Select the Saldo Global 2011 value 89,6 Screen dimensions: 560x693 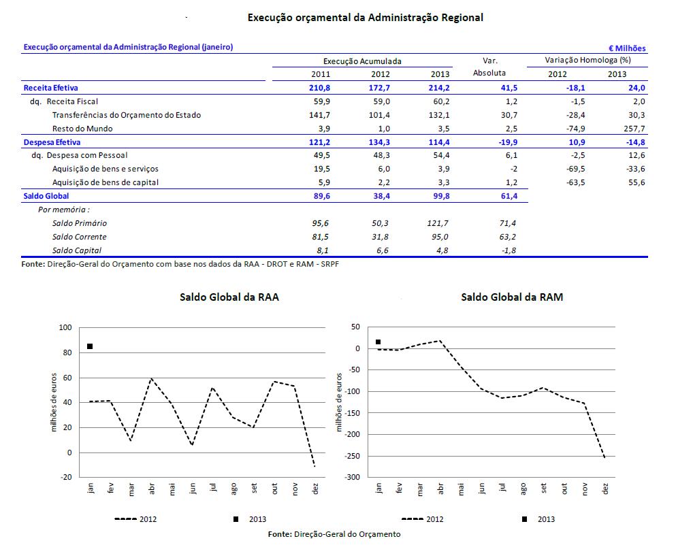pyautogui.click(x=321, y=196)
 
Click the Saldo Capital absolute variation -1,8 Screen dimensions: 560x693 pyautogui.click(x=508, y=250)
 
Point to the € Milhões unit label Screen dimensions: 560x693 pyautogui.click(x=627, y=48)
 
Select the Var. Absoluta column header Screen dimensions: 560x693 pyautogui.click(x=489, y=67)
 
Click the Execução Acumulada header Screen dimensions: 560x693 pyautogui.click(x=362, y=61)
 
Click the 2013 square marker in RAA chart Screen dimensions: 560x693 pyautogui.click(x=90, y=346)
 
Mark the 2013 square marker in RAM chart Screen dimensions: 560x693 pyautogui.click(x=378, y=342)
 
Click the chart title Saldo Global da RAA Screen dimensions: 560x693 pyautogui.click(x=229, y=297)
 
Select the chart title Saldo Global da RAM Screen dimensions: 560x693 pyautogui.click(x=511, y=297)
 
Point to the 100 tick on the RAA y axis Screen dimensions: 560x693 pyautogui.click(x=65, y=328)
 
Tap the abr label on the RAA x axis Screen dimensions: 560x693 pyautogui.click(x=152, y=489)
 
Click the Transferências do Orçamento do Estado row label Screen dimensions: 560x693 pyautogui.click(x=127, y=115)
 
